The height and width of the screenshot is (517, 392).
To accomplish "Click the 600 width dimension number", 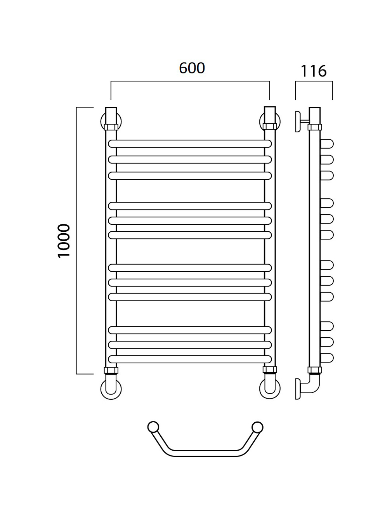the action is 192,68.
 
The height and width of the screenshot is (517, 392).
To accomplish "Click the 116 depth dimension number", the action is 314,71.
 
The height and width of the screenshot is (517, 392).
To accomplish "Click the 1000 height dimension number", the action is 64,241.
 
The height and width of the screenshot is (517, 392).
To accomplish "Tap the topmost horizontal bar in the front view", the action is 190,144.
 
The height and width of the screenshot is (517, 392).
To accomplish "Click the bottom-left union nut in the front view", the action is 111,371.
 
